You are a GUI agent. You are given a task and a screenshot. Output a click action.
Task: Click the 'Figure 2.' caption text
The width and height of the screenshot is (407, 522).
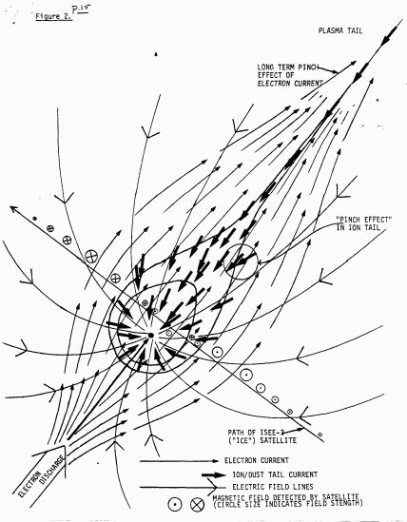click(x=53, y=17)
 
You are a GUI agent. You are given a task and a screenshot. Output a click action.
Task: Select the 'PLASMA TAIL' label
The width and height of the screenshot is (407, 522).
click(x=340, y=31)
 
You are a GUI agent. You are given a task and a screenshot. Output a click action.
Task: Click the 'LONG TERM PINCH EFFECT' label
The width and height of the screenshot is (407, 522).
click(x=290, y=75)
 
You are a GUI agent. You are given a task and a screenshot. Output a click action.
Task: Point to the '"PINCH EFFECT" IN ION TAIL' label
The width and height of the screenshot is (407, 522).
click(x=363, y=223)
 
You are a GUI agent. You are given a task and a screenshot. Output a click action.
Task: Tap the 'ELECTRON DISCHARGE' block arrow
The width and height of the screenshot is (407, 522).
click(x=41, y=473)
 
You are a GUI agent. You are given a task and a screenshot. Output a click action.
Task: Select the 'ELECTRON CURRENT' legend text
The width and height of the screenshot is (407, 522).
click(x=257, y=460)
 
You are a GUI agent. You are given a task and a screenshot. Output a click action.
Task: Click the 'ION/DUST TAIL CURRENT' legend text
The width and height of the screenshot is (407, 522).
click(x=275, y=474)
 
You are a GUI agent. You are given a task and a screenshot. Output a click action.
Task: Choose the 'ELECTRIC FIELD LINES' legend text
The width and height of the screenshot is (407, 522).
click(x=273, y=487)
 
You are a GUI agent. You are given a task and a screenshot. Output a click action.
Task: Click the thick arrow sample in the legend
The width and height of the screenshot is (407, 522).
click(x=214, y=475)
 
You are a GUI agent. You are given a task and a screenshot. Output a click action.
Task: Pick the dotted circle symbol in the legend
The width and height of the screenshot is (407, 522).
click(x=175, y=505)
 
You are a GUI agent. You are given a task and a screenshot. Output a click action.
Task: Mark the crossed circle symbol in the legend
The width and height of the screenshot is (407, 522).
click(x=197, y=505)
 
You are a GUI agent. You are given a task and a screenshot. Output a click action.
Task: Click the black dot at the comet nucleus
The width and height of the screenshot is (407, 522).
click(x=151, y=336)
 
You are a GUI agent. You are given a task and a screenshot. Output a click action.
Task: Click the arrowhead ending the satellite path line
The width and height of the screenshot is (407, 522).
click(x=13, y=209)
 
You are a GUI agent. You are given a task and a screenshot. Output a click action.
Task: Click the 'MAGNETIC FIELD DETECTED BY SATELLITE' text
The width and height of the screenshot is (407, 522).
click(x=286, y=497)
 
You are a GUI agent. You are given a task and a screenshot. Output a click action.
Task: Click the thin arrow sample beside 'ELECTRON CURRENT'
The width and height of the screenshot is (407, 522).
click(x=179, y=461)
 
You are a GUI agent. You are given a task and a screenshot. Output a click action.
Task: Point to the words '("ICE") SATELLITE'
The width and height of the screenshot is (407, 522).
click(x=262, y=440)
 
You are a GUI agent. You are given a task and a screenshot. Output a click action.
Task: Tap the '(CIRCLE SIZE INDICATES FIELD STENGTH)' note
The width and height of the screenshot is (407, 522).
click(x=288, y=503)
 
